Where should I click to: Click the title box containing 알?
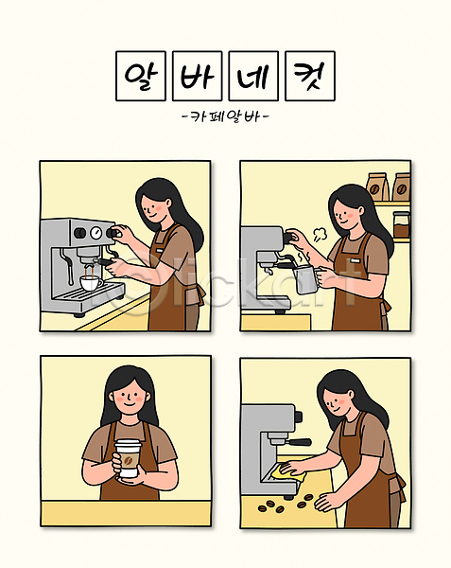click(141, 76)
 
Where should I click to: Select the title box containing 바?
click(197, 76)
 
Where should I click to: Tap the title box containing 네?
click(253, 76)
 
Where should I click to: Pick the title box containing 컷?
click(310, 76)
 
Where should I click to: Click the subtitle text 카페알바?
click(225, 116)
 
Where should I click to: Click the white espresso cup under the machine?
click(91, 283)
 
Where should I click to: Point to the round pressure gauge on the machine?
click(95, 232)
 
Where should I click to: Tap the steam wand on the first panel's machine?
click(66, 262)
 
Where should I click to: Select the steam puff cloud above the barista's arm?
click(320, 234)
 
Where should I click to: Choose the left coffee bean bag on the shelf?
click(377, 186)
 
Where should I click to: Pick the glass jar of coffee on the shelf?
click(401, 225)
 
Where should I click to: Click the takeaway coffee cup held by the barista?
click(127, 458)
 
